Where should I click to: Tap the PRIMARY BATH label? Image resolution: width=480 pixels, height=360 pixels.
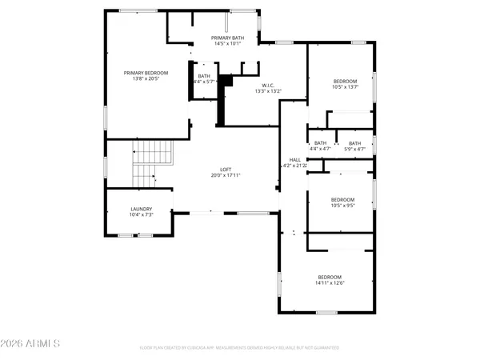[x=228, y=38]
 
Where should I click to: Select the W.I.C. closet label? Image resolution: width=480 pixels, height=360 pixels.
[x=269, y=85]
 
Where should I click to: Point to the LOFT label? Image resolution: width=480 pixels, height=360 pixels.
[x=226, y=169]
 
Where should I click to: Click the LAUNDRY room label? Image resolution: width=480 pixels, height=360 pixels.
[x=141, y=209]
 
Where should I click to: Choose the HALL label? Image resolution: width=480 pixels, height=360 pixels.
[x=294, y=160]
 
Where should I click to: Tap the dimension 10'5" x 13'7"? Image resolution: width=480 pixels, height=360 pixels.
[x=344, y=86]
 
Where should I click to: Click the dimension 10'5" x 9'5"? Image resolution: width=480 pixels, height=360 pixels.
[x=342, y=205]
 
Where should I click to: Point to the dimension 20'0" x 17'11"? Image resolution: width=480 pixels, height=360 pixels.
[x=226, y=175]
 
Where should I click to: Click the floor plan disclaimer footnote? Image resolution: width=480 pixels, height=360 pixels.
[x=239, y=348]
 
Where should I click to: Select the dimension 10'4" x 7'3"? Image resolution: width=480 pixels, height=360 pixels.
[x=141, y=215]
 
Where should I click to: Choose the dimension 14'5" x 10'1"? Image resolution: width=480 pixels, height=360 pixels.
[x=228, y=44]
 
